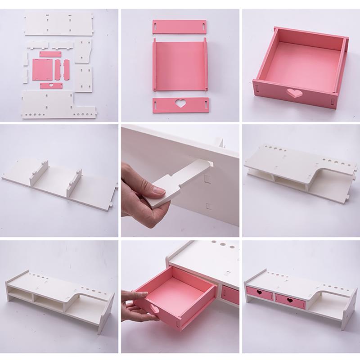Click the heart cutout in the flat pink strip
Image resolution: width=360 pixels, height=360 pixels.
click(180, 104)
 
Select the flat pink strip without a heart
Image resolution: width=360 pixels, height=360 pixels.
click(179, 25)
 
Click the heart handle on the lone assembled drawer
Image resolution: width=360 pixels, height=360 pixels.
click(294, 94)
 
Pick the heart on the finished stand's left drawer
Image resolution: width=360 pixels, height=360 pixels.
click(260, 293)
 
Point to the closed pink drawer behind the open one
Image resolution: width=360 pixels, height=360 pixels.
click(231, 294)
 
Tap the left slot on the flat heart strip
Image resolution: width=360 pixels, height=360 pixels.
click(156, 104)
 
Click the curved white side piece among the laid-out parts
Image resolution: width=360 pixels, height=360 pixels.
click(83, 50)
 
